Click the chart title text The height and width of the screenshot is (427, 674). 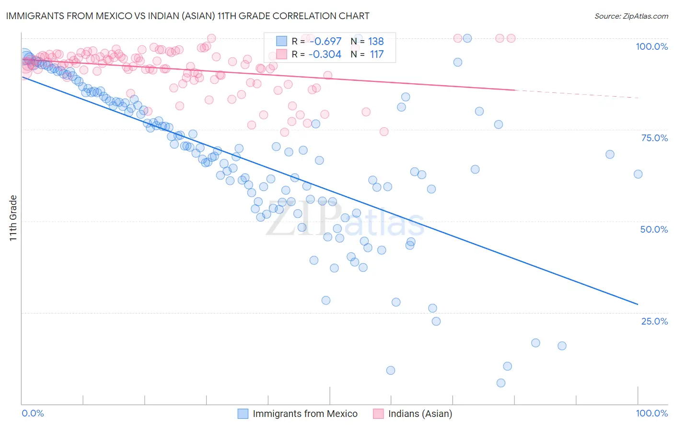pyautogui.click(x=187, y=16)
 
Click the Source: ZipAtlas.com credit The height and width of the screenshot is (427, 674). pyautogui.click(x=631, y=16)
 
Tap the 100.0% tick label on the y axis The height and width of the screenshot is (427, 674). pyautogui.click(x=651, y=46)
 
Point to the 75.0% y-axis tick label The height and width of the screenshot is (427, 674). pyautogui.click(x=654, y=138)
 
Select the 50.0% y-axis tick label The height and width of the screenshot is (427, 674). pyautogui.click(x=654, y=229)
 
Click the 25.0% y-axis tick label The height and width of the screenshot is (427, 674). pyautogui.click(x=654, y=321)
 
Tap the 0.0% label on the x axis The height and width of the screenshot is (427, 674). pyautogui.click(x=33, y=413)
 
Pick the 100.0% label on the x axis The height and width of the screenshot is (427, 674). pyautogui.click(x=651, y=413)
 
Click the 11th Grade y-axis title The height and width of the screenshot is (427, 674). pyautogui.click(x=13, y=218)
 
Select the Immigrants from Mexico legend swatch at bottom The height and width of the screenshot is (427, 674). pyautogui.click(x=243, y=414)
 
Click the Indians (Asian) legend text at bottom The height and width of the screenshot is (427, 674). pyautogui.click(x=420, y=414)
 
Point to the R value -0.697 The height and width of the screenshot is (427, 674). pyautogui.click(x=325, y=41)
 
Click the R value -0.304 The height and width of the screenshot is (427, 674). pyautogui.click(x=325, y=54)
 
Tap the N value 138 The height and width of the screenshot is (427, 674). pyautogui.click(x=376, y=41)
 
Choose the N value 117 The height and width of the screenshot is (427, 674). pyautogui.click(x=376, y=54)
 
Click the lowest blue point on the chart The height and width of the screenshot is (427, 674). pyautogui.click(x=501, y=383)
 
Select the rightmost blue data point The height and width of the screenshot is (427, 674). pyautogui.click(x=638, y=174)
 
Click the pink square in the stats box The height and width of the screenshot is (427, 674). pyautogui.click(x=281, y=54)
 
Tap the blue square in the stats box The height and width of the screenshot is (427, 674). pyautogui.click(x=281, y=41)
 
